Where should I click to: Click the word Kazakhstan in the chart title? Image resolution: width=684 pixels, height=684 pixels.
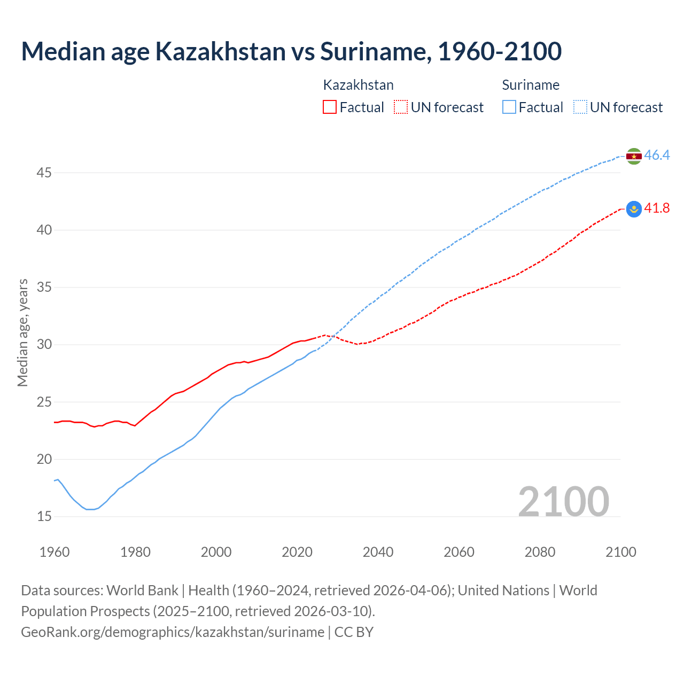click(x=220, y=51)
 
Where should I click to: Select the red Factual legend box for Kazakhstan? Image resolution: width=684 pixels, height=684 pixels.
click(x=330, y=107)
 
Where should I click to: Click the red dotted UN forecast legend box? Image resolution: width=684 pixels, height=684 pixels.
click(x=401, y=107)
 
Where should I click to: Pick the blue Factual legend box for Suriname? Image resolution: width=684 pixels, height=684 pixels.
click(x=509, y=107)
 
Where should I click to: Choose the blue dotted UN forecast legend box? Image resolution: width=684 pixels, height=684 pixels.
click(x=580, y=107)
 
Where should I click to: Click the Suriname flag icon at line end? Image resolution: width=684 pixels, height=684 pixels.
click(x=634, y=156)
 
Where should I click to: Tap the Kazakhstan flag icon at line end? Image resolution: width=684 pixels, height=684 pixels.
click(x=634, y=209)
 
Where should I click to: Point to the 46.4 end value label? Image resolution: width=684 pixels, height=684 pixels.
click(x=657, y=156)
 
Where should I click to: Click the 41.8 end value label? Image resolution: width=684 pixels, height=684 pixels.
click(x=657, y=208)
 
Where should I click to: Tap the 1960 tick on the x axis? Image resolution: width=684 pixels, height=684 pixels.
click(x=55, y=552)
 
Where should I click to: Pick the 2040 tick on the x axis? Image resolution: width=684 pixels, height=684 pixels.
click(x=378, y=552)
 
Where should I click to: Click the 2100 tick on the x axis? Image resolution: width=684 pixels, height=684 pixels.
click(x=620, y=552)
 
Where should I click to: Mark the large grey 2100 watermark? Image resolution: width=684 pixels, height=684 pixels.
click(x=563, y=501)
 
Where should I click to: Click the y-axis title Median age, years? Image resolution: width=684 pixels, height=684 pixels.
click(x=22, y=332)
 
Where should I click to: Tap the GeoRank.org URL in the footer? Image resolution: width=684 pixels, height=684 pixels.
click(x=173, y=632)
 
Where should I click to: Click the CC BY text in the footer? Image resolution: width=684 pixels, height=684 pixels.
click(x=354, y=632)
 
